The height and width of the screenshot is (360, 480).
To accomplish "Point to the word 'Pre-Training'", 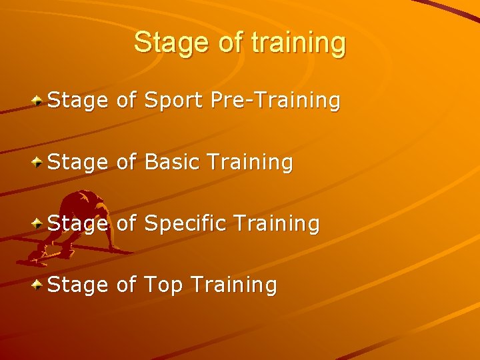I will tap(275, 101).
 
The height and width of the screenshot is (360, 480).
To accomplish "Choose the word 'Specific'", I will tap(186, 223).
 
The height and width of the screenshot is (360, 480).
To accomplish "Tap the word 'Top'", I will tap(163, 285).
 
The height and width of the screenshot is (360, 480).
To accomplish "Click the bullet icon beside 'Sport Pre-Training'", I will tap(39, 100).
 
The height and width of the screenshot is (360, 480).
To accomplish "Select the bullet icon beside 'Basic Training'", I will tap(39, 161).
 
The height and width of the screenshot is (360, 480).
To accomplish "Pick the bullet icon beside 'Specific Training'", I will tap(39, 222).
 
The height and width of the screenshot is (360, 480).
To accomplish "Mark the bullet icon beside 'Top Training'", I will tap(39, 284).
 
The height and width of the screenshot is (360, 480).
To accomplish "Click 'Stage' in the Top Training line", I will tap(77, 285).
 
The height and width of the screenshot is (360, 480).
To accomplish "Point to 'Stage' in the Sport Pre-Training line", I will tap(77, 101).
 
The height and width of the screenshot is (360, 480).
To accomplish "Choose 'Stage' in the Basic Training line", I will tap(77, 162).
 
